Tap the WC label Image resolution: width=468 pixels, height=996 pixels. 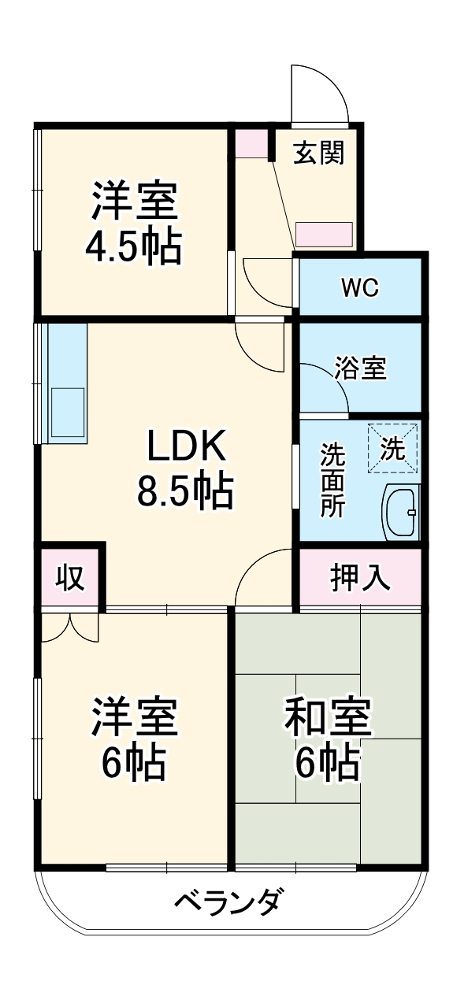360,288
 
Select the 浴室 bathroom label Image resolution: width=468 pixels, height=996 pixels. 361,368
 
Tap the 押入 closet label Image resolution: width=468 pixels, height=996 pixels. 359,579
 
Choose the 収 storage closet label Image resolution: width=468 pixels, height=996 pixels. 71,579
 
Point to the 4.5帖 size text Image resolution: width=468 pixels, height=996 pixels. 134,246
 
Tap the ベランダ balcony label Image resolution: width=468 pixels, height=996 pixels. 227,900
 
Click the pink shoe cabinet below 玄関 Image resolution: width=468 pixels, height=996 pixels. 324,235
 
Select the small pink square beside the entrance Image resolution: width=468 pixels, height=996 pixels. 252,143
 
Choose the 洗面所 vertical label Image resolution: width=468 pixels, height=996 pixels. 332,480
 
